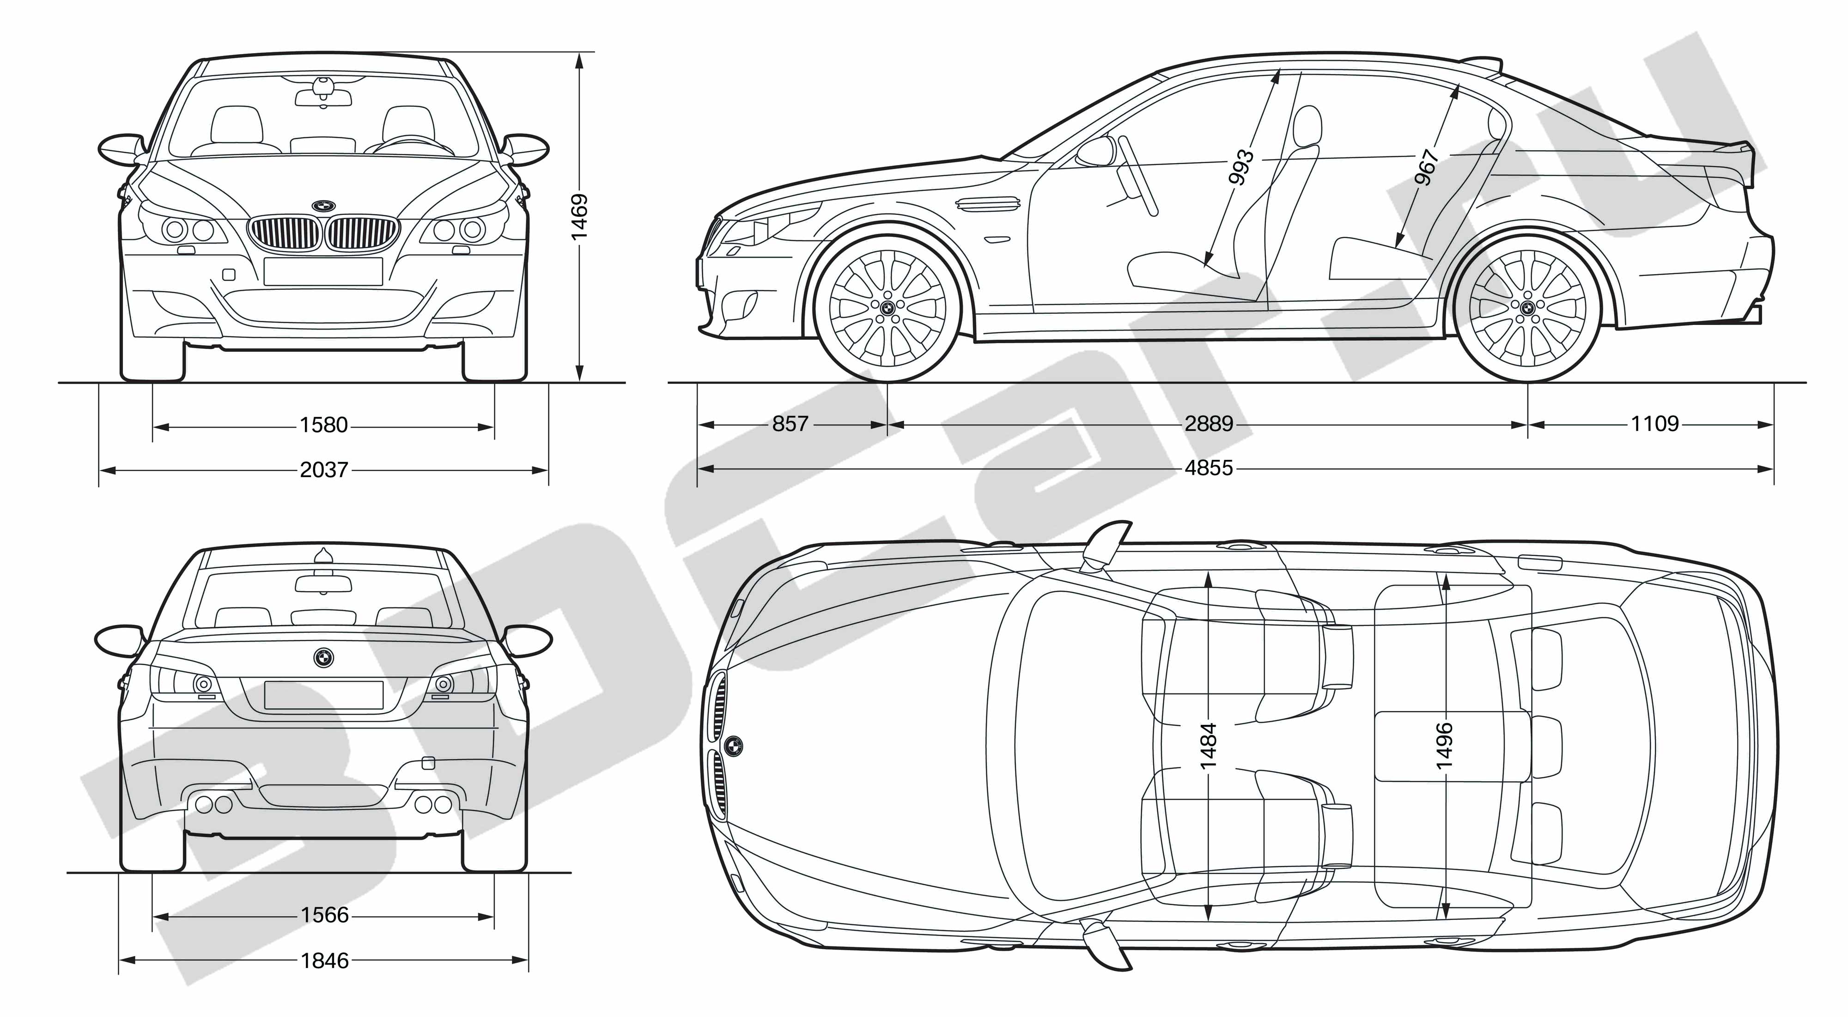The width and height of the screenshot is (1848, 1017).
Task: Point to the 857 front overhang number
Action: tap(790, 424)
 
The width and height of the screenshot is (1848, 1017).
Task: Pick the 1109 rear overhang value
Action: tap(1655, 424)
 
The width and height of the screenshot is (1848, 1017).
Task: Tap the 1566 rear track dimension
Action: tap(324, 915)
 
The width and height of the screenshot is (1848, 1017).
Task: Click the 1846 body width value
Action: tap(324, 960)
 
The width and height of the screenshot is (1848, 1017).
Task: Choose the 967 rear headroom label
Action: tap(1427, 166)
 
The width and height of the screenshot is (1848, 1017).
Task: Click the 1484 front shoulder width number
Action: tap(1208, 746)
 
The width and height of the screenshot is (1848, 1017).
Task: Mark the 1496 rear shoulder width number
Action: tap(1444, 746)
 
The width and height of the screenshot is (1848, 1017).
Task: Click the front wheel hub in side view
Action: tap(888, 308)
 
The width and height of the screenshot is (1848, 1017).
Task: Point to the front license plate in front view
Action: tap(323, 271)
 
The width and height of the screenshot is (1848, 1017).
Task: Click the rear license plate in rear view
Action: tap(324, 695)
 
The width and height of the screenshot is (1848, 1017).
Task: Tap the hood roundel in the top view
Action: tap(733, 747)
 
